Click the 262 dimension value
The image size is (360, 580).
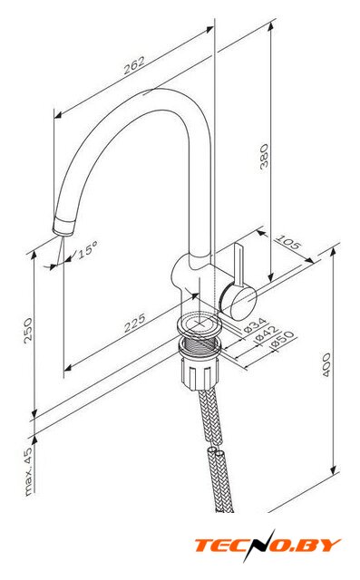(x=134, y=65)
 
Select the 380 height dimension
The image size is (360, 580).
(x=264, y=156)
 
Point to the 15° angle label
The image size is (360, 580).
(x=88, y=250)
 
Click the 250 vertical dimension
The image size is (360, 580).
(x=28, y=330)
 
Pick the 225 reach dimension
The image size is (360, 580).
(x=134, y=323)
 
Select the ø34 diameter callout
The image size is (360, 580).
(x=256, y=324)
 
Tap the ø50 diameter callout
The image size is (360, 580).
(x=283, y=339)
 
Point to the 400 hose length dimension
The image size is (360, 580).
(x=326, y=364)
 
